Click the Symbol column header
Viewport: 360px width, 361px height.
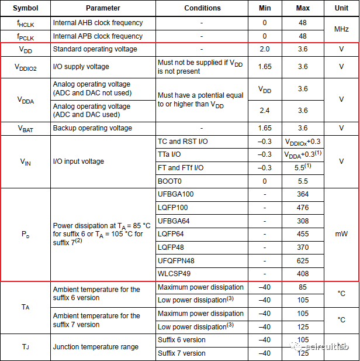[25, 8]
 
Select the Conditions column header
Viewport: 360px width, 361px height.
[202, 8]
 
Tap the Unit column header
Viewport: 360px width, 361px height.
[341, 8]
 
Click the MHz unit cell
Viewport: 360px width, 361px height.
[341, 29]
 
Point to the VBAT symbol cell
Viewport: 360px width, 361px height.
[25, 128]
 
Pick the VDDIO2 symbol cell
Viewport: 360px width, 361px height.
[25, 67]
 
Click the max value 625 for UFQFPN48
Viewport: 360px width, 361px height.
[303, 260]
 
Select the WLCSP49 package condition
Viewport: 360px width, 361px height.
[174, 274]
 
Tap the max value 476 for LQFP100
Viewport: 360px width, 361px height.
[303, 208]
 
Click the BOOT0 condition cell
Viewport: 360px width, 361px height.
[169, 181]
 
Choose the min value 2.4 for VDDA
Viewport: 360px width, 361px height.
[264, 110]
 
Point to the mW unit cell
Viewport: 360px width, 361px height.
[341, 234]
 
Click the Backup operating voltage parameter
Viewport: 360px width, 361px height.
[92, 128]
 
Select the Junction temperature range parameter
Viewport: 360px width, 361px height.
[96, 347]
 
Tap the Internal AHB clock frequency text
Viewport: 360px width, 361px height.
[98, 23]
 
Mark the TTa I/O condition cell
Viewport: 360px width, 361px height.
[171, 154]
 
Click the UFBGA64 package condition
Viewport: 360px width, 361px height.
[174, 221]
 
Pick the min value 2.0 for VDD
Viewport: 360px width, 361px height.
[264, 49]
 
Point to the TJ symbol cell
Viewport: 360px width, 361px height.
[25, 347]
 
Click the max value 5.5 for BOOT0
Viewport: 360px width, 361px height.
[303, 181]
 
